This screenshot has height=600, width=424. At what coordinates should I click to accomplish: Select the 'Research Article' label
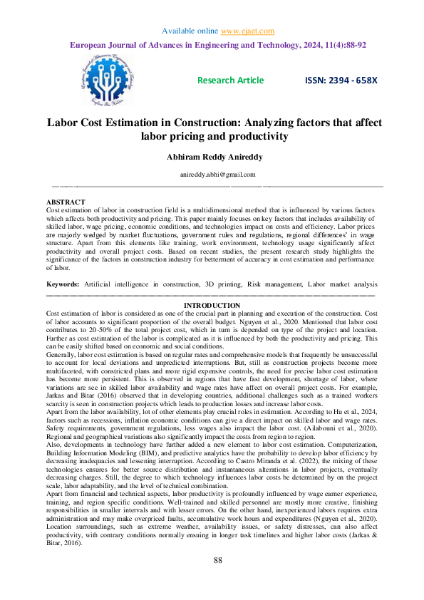pyautogui.click(x=230, y=81)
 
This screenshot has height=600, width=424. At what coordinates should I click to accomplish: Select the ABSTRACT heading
pyautogui.click(x=65, y=203)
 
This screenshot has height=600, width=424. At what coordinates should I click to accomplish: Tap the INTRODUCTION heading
pyautogui.click(x=212, y=306)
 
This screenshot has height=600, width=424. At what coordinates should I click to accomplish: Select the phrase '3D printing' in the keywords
pyautogui.click(x=227, y=284)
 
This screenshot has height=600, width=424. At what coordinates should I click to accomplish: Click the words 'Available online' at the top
pyautogui.click(x=189, y=31)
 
